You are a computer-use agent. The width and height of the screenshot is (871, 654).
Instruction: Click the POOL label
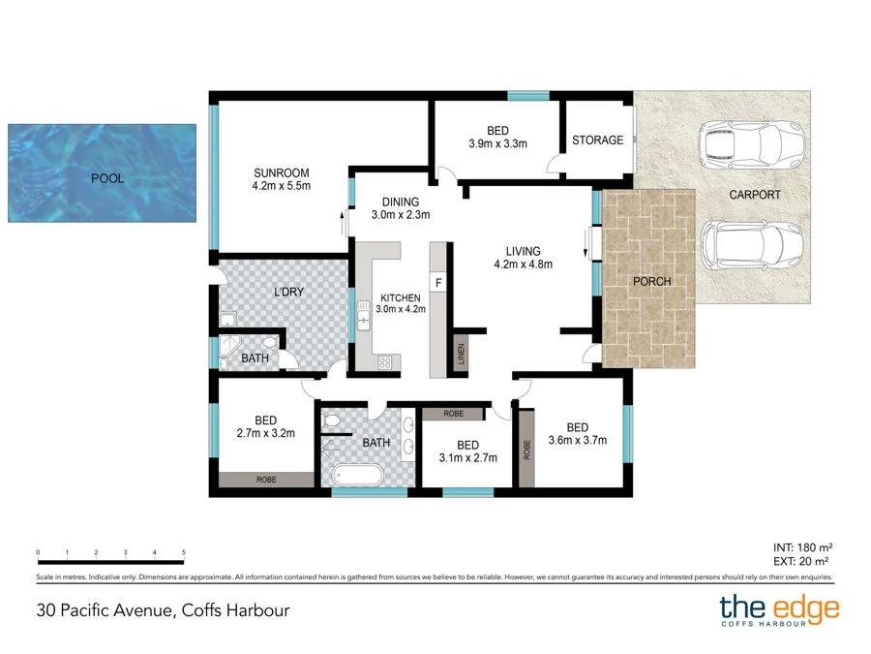click(x=106, y=178)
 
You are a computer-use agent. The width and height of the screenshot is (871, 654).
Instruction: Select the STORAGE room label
click(x=597, y=140)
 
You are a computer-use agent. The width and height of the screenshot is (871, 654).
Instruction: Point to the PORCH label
click(x=650, y=282)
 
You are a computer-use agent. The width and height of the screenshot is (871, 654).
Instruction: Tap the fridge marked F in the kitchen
click(x=438, y=282)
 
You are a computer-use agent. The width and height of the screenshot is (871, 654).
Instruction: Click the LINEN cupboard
click(x=460, y=355)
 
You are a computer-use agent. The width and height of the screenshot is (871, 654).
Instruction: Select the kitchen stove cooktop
click(x=384, y=363)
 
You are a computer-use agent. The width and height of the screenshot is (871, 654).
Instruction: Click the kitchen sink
click(x=365, y=316)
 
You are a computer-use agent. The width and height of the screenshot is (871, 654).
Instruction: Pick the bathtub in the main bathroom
click(x=357, y=476)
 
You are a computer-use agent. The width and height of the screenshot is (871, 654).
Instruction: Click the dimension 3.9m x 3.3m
click(x=497, y=145)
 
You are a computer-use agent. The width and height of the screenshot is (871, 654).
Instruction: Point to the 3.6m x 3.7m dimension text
click(x=577, y=441)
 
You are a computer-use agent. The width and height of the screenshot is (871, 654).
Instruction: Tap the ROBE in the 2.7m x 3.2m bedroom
click(x=266, y=479)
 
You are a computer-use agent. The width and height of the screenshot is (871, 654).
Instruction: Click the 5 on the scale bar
click(x=184, y=552)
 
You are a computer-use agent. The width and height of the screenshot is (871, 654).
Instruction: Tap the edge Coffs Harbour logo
click(x=779, y=611)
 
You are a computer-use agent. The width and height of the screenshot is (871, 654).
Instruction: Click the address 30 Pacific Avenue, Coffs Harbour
click(x=163, y=610)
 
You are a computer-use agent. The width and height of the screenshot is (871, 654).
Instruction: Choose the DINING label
click(x=401, y=202)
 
